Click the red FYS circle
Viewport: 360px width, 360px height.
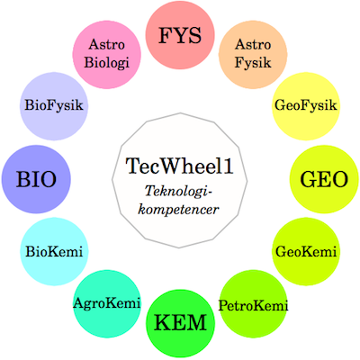(x=180, y=35)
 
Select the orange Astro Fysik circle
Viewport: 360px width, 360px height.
(x=253, y=54)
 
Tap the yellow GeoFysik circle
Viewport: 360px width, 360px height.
(x=306, y=106)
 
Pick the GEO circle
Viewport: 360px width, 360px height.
(x=324, y=179)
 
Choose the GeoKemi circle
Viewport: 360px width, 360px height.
(x=306, y=251)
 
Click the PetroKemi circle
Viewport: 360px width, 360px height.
(x=253, y=304)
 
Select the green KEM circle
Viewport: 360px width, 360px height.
(x=181, y=323)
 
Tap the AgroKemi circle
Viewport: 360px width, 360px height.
(x=107, y=304)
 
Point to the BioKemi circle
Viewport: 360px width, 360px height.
(x=54, y=251)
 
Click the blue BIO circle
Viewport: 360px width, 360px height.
(x=36, y=179)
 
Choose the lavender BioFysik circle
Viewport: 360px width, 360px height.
(x=54, y=106)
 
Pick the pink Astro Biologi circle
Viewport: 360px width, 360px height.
(x=107, y=54)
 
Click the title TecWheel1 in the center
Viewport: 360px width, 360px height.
(x=179, y=166)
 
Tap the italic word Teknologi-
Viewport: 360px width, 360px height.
(x=179, y=192)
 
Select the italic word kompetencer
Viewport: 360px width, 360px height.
(x=178, y=210)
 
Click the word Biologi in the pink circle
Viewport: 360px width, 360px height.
(x=107, y=63)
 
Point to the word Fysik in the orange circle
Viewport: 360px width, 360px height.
(x=253, y=63)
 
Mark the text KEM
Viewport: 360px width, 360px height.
(x=181, y=323)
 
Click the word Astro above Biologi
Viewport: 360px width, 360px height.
(x=107, y=45)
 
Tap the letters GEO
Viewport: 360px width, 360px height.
(x=324, y=179)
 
